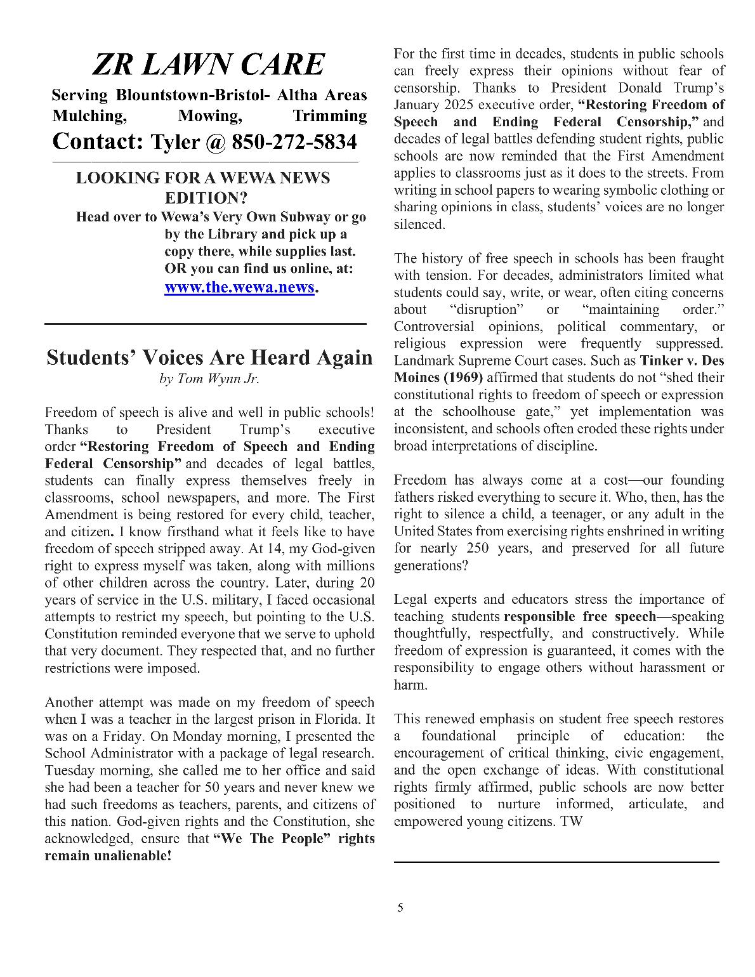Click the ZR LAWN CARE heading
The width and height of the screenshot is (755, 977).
[x=208, y=65]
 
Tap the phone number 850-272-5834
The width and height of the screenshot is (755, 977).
[x=294, y=142]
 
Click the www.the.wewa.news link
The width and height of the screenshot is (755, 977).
[x=239, y=287]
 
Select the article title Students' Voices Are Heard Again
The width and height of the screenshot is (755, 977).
[x=209, y=357]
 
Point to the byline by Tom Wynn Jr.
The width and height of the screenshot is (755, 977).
[x=209, y=379]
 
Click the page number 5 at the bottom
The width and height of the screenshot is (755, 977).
[x=400, y=908]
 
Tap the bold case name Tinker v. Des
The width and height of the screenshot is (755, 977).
[x=682, y=361]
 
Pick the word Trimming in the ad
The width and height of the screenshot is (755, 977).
[x=329, y=116]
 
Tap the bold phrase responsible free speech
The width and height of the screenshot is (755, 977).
[x=579, y=617]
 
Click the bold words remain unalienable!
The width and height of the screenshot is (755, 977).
[x=108, y=856]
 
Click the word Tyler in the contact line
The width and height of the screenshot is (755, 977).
[x=175, y=142]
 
